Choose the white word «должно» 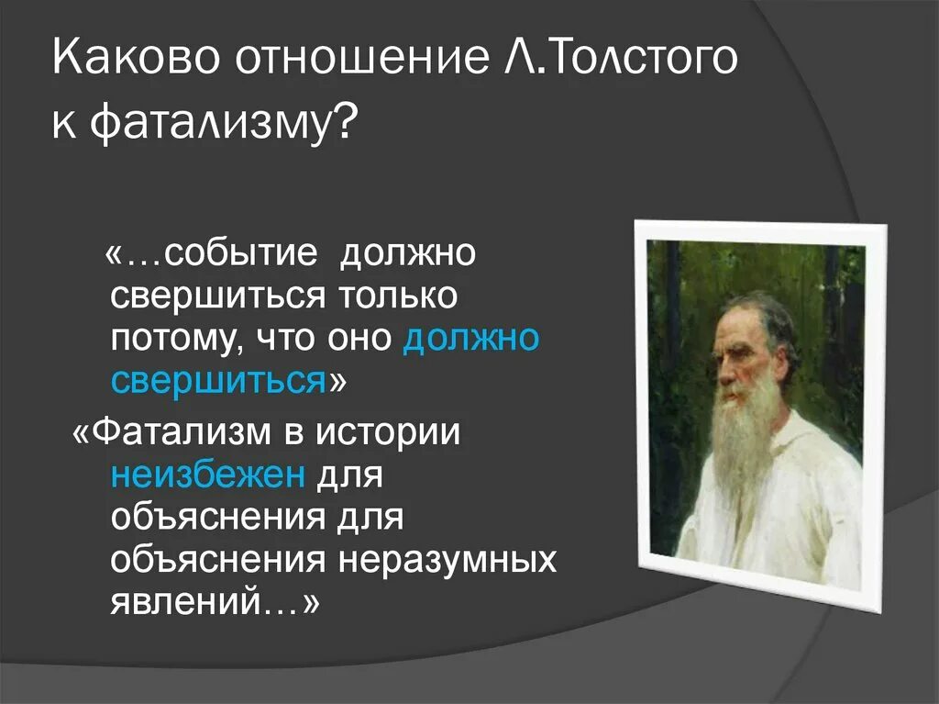408,252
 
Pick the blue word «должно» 470,339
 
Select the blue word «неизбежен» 208,475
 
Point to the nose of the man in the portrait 724,371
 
